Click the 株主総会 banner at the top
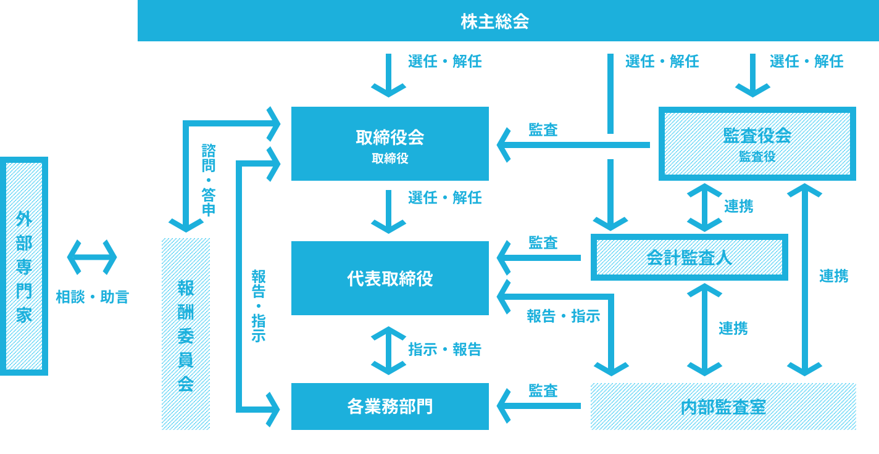(495, 22)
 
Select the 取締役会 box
(390, 144)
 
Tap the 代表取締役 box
(390, 278)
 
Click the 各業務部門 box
(390, 407)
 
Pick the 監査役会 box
(757, 144)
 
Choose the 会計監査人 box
(689, 257)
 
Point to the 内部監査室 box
(723, 407)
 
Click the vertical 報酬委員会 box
(186, 334)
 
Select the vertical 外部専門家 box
(24, 266)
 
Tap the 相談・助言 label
(93, 297)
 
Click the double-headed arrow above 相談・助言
(92, 257)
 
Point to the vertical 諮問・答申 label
(209, 180)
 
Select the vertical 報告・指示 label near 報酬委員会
(259, 305)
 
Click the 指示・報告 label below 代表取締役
(445, 350)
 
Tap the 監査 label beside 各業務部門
(543, 390)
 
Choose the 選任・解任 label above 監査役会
(806, 61)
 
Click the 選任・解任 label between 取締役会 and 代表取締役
(445, 198)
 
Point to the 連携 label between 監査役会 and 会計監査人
(738, 206)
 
